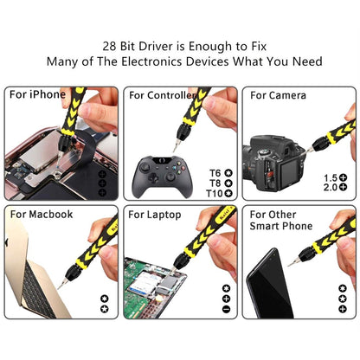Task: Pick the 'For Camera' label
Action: click(277, 94)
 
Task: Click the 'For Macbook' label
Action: click(41, 214)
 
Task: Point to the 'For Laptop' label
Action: click(155, 214)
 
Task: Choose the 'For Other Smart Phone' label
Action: click(281, 220)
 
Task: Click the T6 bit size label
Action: click(215, 172)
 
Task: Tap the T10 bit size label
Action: click(215, 193)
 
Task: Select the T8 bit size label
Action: click(215, 183)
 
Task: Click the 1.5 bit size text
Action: click(329, 177)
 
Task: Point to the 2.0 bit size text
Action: click(329, 188)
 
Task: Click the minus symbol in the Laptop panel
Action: click(226, 309)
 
